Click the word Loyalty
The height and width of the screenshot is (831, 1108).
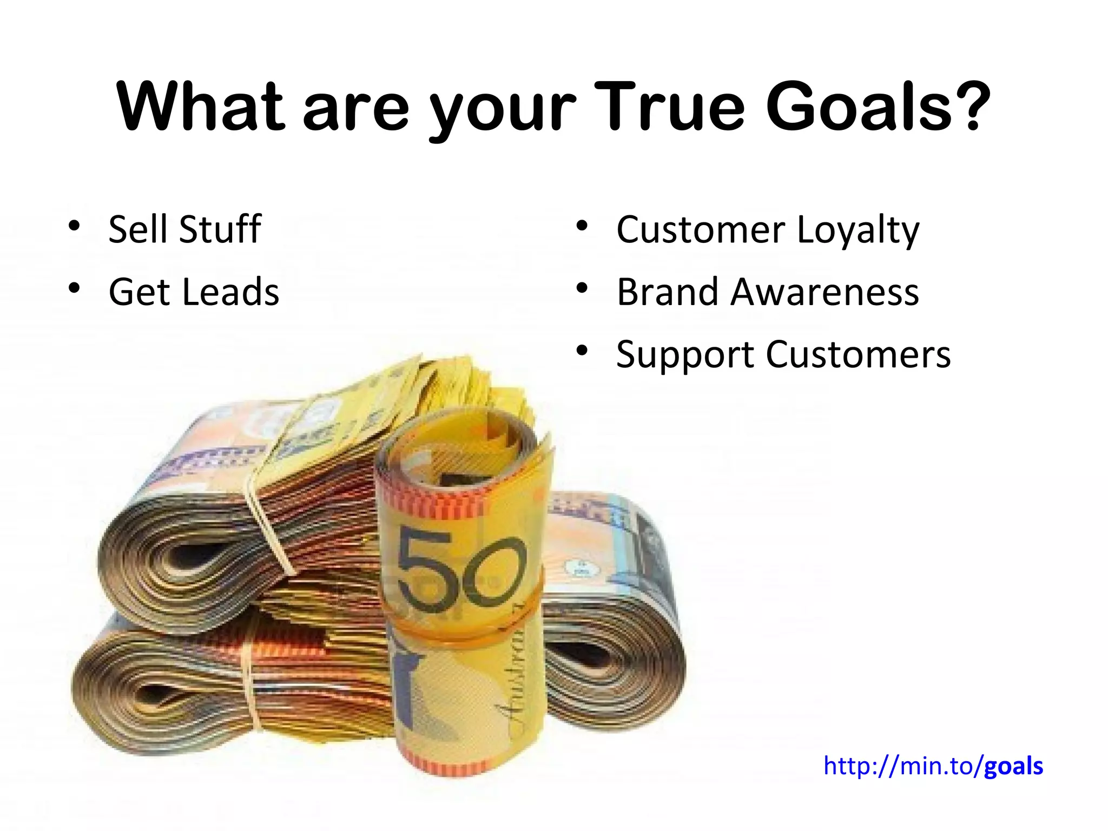(858, 230)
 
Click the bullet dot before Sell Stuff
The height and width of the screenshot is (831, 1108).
(74, 225)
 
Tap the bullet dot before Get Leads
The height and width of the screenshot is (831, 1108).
(74, 288)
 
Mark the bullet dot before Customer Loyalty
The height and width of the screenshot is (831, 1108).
(582, 225)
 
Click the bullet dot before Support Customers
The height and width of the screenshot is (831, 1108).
(582, 351)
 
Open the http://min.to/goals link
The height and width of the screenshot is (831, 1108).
(933, 766)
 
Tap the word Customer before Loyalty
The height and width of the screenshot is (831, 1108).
(701, 230)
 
